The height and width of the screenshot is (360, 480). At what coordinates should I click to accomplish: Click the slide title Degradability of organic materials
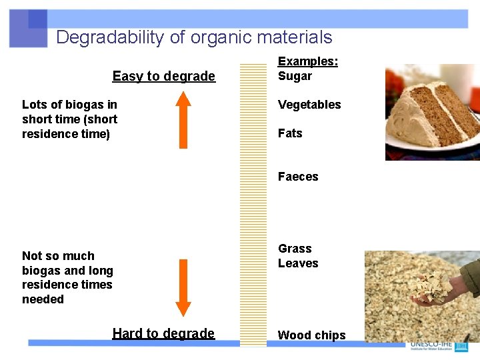point(194,37)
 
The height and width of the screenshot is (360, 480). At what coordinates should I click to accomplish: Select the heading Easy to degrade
point(163,76)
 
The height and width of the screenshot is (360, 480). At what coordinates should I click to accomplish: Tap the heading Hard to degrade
point(163,333)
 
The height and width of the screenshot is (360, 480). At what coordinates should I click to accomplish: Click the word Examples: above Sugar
point(307,61)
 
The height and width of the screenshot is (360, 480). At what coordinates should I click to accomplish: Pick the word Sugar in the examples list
point(295,76)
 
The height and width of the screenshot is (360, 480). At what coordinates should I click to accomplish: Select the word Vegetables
point(309,105)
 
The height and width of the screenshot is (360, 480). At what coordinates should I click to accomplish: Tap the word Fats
point(290,133)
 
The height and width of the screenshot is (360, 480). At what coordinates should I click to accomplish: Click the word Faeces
point(298,177)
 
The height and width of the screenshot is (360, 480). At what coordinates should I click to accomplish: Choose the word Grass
point(295,249)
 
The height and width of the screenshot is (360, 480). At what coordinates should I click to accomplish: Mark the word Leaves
point(298,263)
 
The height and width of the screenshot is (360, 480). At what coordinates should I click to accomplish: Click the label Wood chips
point(311,335)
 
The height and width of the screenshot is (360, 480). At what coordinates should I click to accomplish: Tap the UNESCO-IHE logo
point(440,345)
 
